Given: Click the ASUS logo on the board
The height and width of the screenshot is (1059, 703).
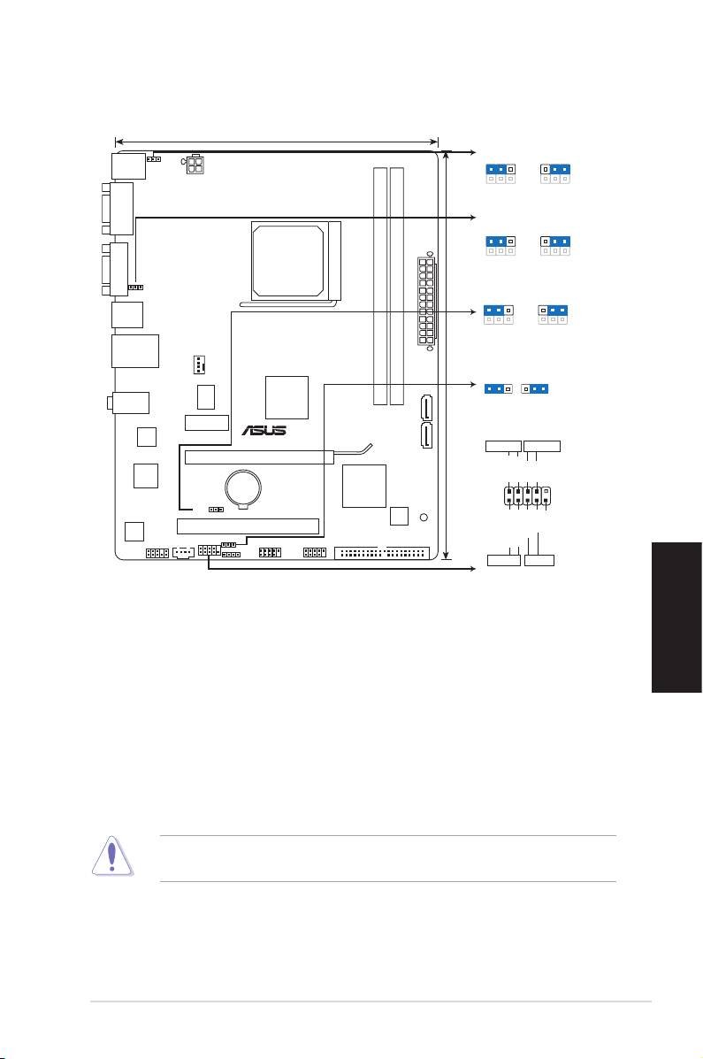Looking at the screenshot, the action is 264,430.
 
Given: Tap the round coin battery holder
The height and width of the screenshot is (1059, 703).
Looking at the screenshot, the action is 244,487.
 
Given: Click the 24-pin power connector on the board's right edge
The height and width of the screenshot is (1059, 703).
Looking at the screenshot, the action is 427,300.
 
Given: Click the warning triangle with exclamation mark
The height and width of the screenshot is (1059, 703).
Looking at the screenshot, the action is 112,856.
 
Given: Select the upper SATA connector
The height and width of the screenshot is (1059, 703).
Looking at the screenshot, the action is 427,407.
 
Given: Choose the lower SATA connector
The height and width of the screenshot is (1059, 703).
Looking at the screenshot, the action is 427,435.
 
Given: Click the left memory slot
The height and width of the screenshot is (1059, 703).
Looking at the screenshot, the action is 380,287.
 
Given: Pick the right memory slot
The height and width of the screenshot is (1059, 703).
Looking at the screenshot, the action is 397,287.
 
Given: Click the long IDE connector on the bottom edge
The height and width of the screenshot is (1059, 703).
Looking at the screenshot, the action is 382,553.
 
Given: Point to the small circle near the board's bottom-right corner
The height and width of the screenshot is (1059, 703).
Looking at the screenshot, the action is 424,518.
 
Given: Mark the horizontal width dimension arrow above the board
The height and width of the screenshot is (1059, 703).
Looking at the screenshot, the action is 277,142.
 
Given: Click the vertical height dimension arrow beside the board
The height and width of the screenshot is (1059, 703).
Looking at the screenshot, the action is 446,356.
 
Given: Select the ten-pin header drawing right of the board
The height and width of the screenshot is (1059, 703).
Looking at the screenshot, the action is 527,496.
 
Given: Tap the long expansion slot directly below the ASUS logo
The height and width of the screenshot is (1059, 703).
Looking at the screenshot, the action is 259,457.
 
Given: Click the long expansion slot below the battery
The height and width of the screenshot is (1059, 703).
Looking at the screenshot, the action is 248,526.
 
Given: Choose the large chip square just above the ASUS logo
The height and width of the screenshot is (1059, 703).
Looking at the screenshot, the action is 287,397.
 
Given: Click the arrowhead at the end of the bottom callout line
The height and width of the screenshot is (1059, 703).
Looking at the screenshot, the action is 473,569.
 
